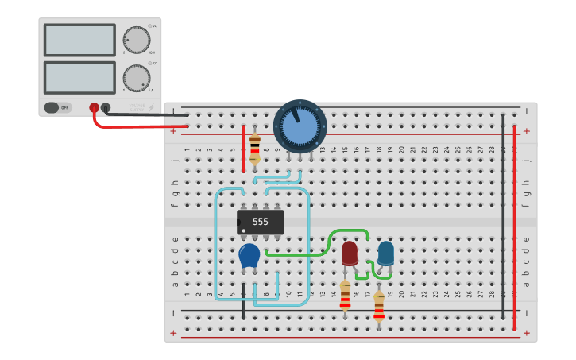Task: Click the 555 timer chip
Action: click(x=261, y=222)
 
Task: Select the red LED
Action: click(x=350, y=253)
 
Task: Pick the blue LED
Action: click(x=385, y=253)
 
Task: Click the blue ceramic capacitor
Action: click(x=249, y=256)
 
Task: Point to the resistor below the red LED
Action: click(x=345, y=295)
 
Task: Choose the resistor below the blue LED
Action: click(x=379, y=306)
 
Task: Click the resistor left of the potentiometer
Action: click(x=254, y=147)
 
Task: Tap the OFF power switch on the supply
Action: click(x=57, y=107)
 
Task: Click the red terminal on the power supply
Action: click(x=94, y=107)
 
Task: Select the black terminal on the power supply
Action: click(x=106, y=107)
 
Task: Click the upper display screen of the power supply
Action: click(x=79, y=40)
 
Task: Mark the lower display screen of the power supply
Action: click(x=79, y=78)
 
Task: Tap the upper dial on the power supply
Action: click(x=136, y=40)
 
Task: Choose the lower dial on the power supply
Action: click(x=136, y=78)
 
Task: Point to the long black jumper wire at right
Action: click(x=503, y=215)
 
